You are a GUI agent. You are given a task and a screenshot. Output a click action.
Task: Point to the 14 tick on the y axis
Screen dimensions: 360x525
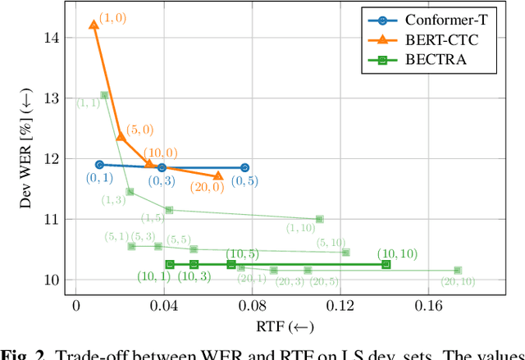(x=54, y=38)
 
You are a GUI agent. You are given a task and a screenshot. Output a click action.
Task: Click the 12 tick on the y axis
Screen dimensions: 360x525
(x=54, y=159)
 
